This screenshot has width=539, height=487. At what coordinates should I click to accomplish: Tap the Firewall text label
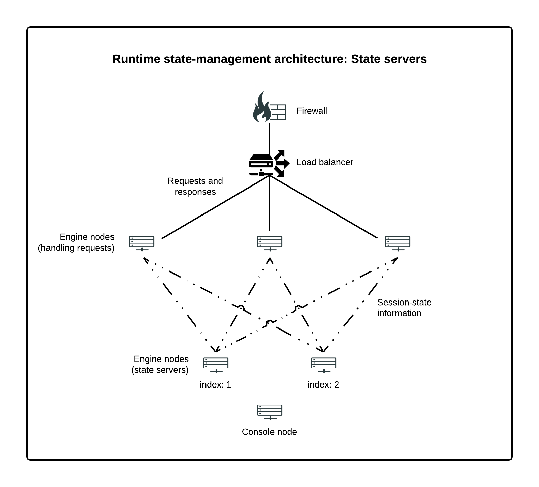point(312,111)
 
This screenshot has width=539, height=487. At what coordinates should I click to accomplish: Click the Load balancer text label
point(324,162)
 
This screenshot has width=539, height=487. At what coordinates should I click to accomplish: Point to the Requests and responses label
point(195,186)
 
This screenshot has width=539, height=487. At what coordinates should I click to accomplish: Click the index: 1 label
point(215,385)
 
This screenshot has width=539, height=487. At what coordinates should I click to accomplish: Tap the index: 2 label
point(323,385)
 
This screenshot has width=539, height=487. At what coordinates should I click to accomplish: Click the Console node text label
point(269,432)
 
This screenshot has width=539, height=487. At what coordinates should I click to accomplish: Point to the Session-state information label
point(404,308)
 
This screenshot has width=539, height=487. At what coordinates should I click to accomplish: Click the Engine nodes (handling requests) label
point(76,242)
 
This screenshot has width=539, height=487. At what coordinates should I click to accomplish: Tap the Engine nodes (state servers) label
point(160,364)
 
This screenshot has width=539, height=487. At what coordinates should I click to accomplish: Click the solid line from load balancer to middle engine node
point(269,206)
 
